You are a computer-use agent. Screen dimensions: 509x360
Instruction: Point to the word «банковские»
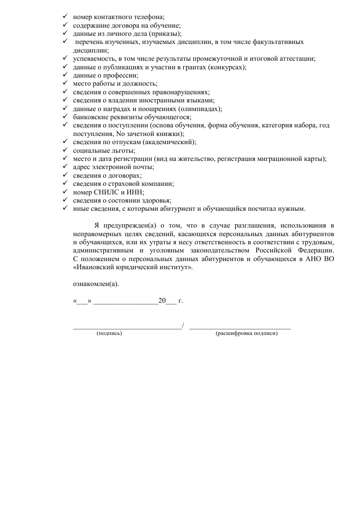tap(91, 117)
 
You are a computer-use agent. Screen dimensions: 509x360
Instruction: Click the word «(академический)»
tap(170, 142)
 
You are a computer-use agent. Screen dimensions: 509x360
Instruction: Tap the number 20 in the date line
tap(162, 301)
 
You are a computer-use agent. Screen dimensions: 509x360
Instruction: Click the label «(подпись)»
tap(109, 334)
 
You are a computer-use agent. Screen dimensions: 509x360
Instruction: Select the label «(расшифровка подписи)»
tap(247, 334)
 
